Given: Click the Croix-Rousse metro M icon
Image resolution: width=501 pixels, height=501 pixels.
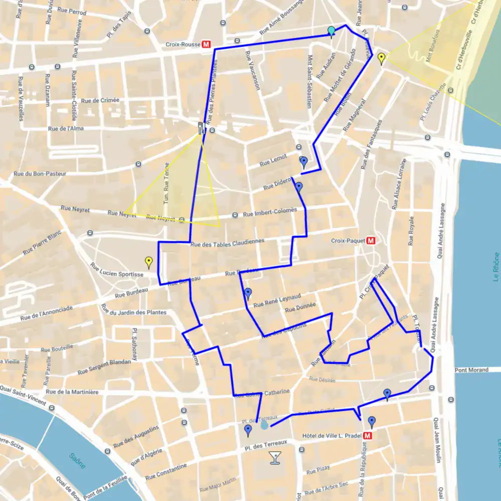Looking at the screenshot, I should (x=206, y=45).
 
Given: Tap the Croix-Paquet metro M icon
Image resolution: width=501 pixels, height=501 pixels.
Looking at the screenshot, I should (x=371, y=240).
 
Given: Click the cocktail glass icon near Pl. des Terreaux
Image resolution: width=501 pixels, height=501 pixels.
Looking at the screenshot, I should (x=275, y=457).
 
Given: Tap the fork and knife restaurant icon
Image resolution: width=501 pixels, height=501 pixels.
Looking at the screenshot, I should (x=201, y=128).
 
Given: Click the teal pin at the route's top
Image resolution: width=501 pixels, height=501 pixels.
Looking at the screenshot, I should (x=331, y=32).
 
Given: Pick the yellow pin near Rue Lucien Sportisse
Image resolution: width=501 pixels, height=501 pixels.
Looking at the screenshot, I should (x=148, y=262).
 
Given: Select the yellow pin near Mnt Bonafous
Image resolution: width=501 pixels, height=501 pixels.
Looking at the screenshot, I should (x=381, y=58).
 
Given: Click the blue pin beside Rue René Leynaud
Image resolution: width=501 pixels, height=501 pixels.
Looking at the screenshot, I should (x=247, y=293).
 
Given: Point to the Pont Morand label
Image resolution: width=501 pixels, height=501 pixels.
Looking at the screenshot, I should (x=471, y=370).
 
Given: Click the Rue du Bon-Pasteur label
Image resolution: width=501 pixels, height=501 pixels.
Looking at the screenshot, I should (x=40, y=174).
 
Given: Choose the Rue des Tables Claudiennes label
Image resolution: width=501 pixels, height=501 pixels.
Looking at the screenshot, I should (x=227, y=242).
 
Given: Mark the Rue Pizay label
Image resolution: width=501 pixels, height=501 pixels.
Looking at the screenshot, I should (x=318, y=471).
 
